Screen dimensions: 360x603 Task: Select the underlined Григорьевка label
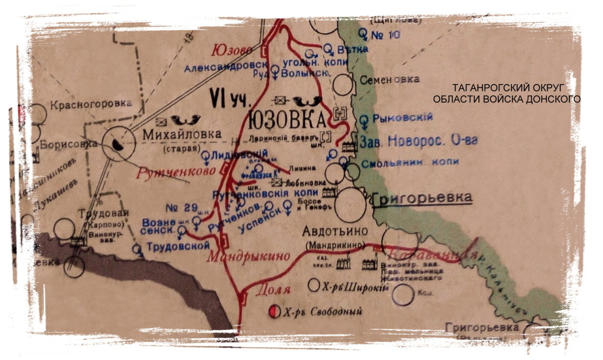pyautogui.click(x=422, y=198)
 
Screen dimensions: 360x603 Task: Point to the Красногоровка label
pyautogui.click(x=90, y=104)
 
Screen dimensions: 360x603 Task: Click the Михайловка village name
pyautogui.click(x=182, y=135)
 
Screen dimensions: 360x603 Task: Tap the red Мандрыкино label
pyautogui.click(x=248, y=255)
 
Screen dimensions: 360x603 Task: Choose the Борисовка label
pyautogui.click(x=69, y=143)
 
